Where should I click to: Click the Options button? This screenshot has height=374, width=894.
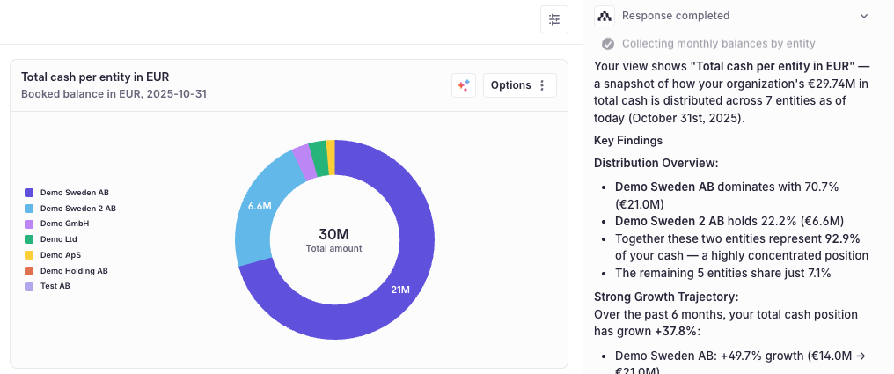coord(519,85)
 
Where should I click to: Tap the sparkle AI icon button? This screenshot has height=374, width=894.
coord(464,85)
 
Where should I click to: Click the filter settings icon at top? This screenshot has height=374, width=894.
coord(554,19)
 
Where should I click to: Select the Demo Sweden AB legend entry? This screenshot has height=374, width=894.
coord(74,193)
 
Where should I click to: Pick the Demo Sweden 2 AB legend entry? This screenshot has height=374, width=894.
coord(77,209)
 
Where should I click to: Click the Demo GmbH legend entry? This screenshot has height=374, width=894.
coord(64,224)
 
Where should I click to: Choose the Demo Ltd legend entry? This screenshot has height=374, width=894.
coord(58,239)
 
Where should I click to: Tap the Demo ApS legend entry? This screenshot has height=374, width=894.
coord(60,255)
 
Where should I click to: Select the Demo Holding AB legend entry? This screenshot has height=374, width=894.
coord(74,271)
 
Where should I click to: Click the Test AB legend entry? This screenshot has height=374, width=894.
coord(55,287)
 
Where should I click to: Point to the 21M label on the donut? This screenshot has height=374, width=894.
coord(399,290)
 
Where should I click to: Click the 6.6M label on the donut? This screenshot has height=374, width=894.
coord(260,206)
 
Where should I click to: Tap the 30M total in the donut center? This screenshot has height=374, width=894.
coord(333,234)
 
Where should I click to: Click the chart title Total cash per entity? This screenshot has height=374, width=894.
coord(94,77)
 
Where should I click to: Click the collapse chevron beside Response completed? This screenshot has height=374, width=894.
coord(864,16)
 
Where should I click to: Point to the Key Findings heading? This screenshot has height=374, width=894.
coord(628,140)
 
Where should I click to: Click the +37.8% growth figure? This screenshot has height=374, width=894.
coord(673,330)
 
